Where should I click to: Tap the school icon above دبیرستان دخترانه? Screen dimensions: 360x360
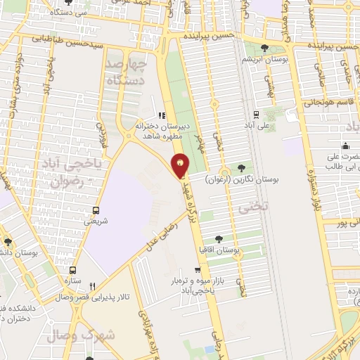click(162, 116)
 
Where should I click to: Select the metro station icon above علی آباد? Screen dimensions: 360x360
click(255, 115)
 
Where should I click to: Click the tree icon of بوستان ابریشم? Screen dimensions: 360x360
click(264, 48)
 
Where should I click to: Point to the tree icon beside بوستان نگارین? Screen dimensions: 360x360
click(242, 168)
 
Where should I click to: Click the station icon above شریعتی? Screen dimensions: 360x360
click(96, 210)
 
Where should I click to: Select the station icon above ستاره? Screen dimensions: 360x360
click(72, 269)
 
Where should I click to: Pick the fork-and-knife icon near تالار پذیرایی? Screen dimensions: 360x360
click(92, 286)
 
